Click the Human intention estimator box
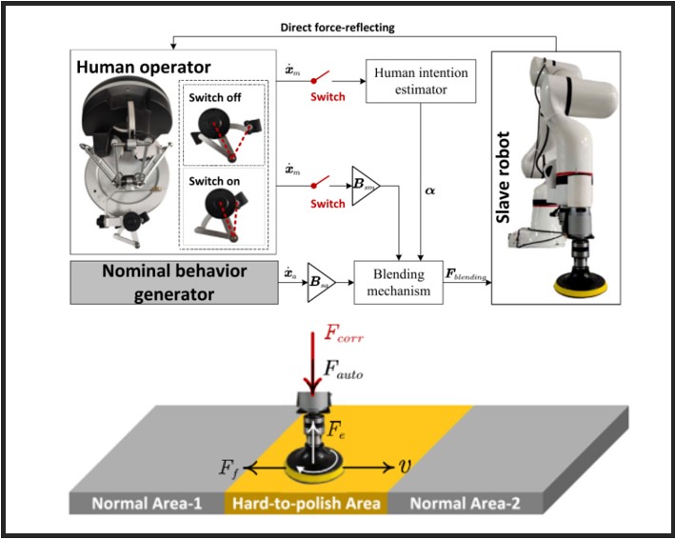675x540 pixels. (x=422, y=83)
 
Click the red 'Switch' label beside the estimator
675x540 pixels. (x=328, y=96)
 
